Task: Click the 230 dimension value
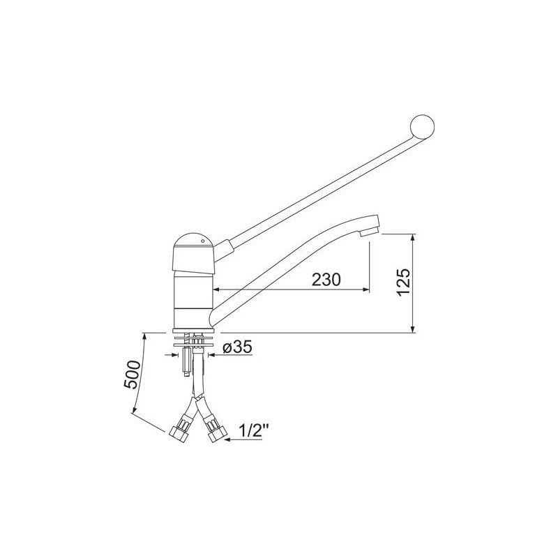pyautogui.click(x=326, y=280)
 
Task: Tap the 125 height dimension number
pyautogui.click(x=404, y=282)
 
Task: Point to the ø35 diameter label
pyautogui.click(x=238, y=347)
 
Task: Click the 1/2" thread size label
pyautogui.click(x=253, y=432)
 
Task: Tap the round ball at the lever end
pyautogui.click(x=423, y=126)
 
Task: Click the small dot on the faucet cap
pyautogui.click(x=202, y=241)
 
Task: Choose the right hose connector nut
pyautogui.click(x=218, y=435)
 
